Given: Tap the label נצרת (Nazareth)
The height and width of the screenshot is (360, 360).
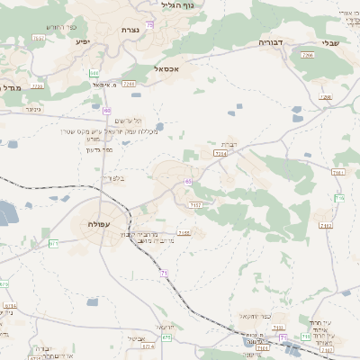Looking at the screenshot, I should tap(130, 31).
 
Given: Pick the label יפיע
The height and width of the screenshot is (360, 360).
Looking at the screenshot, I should tap(83, 41).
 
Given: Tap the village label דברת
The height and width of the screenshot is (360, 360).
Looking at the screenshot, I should tap(228, 144).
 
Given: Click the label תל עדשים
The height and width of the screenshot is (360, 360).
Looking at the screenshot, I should tap(130, 121).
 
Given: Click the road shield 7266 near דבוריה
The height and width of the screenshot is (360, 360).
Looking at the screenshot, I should tap(308, 56).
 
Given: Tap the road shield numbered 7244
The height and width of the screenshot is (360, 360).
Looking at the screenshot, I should tap(220, 154).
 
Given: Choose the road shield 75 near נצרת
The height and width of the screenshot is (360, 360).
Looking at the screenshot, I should tap(149, 24).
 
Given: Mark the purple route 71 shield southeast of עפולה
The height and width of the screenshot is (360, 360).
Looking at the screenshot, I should tap(164, 272).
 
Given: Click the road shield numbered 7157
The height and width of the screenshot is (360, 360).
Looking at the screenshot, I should tap(194, 205).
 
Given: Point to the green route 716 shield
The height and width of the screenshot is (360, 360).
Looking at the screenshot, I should tap(339, 197).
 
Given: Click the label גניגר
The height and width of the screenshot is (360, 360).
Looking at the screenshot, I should tap(34, 109).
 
